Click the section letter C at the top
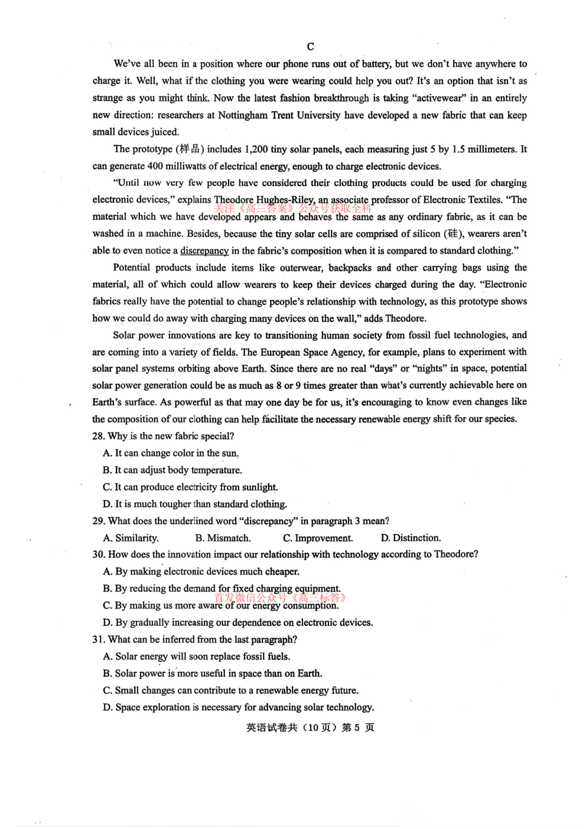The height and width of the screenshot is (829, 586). click(311, 47)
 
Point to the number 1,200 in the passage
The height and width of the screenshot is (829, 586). click(256, 149)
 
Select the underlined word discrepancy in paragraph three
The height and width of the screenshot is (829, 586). click(204, 251)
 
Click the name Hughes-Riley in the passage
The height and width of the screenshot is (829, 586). click(285, 200)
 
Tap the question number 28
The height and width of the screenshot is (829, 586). click(99, 436)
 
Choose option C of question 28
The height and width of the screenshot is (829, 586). click(190, 487)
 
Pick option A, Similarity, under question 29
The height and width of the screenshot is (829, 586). click(131, 538)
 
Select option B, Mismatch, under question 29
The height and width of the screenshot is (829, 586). click(223, 538)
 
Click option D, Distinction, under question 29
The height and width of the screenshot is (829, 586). click(411, 538)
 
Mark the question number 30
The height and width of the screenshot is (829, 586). click(99, 554)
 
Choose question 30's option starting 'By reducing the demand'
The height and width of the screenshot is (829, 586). click(222, 589)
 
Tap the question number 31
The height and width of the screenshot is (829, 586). click(99, 639)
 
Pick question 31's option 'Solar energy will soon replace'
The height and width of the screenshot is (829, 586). click(197, 656)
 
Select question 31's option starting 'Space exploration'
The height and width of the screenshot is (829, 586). click(239, 707)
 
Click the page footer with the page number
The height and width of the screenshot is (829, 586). click(310, 727)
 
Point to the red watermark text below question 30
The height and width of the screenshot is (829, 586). click(280, 598)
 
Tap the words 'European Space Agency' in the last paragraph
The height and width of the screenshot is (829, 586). click(311, 352)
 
